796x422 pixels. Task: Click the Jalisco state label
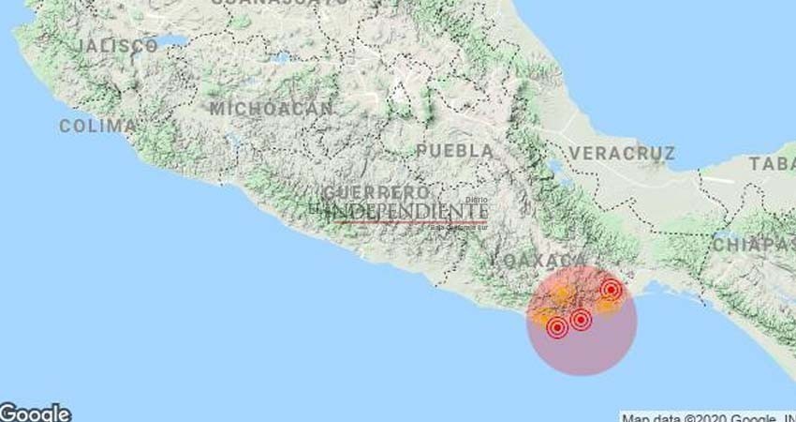coord(117,45)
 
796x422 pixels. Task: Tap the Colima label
coord(97,126)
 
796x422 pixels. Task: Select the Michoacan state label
coord(271,109)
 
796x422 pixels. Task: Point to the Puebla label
coord(455,150)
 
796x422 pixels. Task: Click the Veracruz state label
coord(621,152)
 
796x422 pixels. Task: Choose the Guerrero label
coord(371,192)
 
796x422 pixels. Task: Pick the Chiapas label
coord(753,244)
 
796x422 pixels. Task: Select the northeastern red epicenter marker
coord(611,289)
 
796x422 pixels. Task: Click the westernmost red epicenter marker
coord(557,327)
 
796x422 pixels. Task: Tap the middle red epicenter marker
coord(581,320)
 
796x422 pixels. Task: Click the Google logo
coord(36,413)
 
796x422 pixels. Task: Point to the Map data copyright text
coord(707,417)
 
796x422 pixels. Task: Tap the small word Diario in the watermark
coord(477,199)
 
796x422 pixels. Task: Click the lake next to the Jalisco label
coord(172,41)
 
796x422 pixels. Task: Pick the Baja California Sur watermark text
coord(458,226)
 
